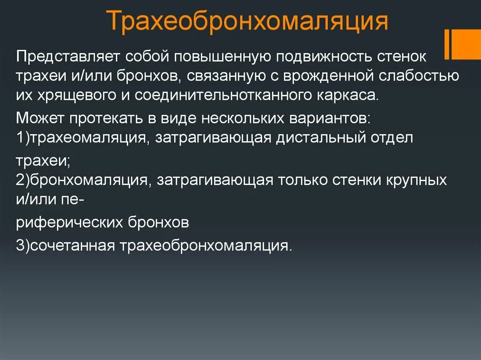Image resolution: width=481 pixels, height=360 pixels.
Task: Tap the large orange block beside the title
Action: click(465, 44)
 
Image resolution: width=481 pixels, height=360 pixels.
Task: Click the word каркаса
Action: click(337, 96)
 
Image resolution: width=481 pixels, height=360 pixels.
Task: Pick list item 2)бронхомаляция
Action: click(83, 181)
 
